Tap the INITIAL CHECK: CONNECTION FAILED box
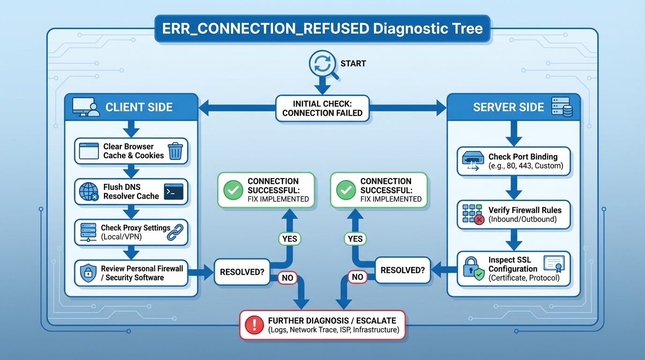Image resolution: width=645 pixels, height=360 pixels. (x=322, y=108)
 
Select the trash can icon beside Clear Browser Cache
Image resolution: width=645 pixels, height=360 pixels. (x=175, y=151)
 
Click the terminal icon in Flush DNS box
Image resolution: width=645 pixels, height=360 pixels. (x=173, y=192)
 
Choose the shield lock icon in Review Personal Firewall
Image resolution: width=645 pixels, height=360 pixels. (x=88, y=273)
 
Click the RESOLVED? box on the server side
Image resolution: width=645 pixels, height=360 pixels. (x=403, y=270)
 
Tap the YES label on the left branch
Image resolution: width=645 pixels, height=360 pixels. (x=289, y=239)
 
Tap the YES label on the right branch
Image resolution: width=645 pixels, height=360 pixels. (x=355, y=239)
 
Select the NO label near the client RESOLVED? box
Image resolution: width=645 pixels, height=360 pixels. (x=287, y=278)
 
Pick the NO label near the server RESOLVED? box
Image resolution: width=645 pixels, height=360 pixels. (x=357, y=277)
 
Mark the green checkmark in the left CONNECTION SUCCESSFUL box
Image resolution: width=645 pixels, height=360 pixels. (x=232, y=190)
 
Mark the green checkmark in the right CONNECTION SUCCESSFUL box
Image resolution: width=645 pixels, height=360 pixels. (x=345, y=190)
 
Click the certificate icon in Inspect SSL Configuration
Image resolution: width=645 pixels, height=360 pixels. (x=554, y=264)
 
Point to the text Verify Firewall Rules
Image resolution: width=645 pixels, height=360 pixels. (x=525, y=210)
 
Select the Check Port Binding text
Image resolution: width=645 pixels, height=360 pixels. (x=523, y=157)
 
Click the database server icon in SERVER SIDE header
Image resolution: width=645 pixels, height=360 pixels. (x=560, y=107)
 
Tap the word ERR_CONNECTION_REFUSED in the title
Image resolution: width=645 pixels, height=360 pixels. (x=265, y=29)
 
